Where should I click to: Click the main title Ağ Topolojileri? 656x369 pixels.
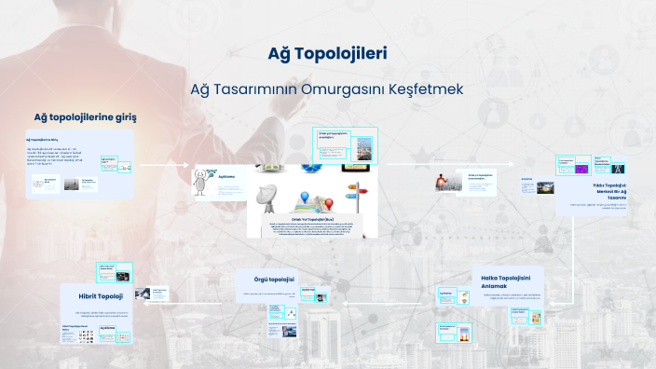point(327,53)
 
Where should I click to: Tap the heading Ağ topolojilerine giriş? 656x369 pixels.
point(85,117)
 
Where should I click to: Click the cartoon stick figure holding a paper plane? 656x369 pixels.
point(205,183)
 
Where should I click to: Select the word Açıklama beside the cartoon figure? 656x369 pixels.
point(227,176)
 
